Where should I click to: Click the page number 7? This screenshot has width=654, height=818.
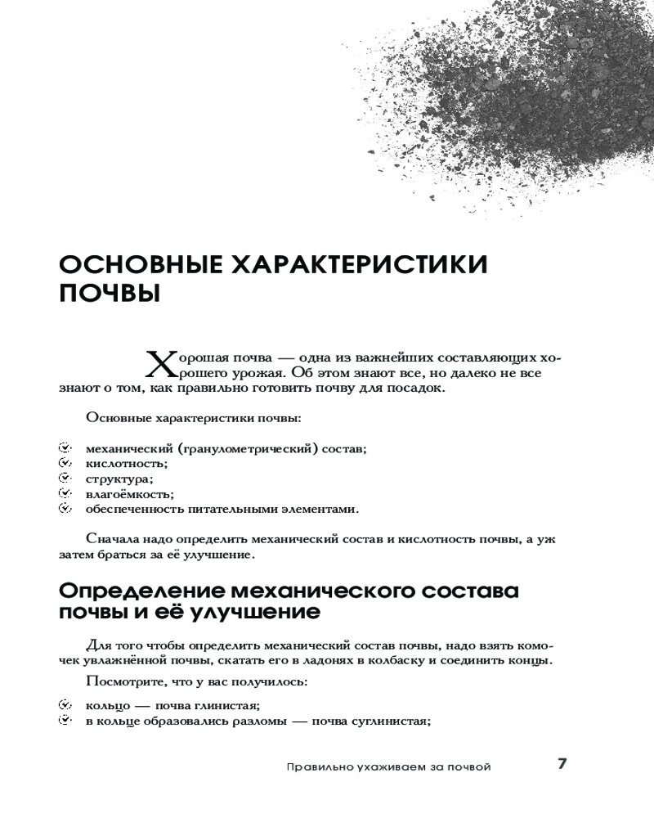pos(562,764)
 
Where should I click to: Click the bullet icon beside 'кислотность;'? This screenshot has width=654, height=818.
pos(65,463)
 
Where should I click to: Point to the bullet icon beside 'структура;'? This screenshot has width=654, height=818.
pos(65,479)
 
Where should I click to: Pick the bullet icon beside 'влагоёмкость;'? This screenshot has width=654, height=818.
pos(65,493)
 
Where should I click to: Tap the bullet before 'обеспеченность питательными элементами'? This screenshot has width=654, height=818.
pos(65,509)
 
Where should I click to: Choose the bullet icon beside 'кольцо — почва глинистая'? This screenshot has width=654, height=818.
pos(65,704)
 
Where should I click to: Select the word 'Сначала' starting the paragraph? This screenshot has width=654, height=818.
pos(112,539)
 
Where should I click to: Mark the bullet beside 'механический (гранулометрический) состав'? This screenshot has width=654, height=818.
pos(65,448)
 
